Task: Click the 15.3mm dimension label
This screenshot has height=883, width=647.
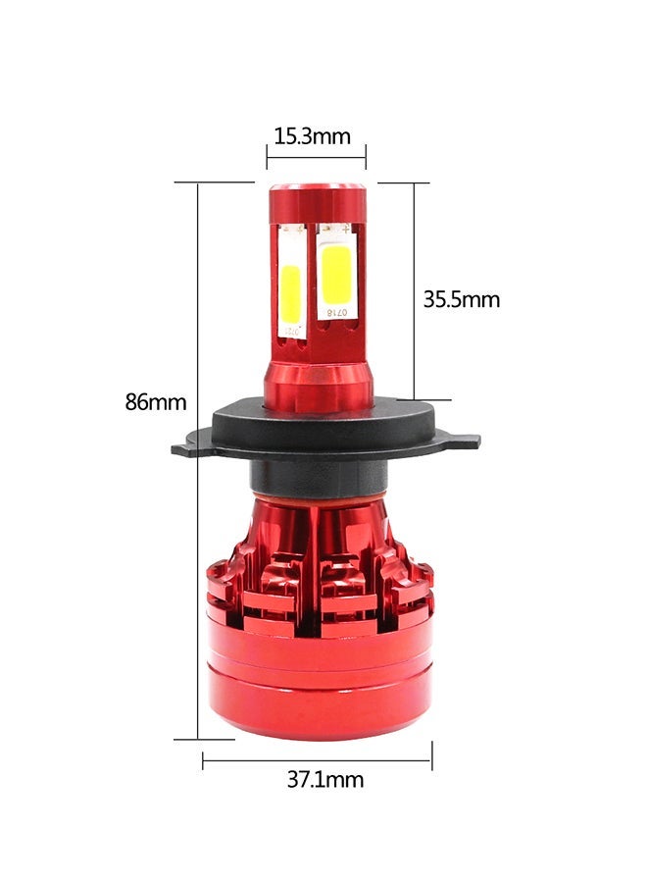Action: click(x=311, y=136)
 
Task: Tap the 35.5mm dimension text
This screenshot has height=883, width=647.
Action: click(x=461, y=299)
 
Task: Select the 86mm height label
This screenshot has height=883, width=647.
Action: click(x=155, y=401)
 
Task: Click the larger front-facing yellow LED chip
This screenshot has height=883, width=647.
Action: click(x=336, y=274)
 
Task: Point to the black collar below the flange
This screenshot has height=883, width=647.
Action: click(x=316, y=479)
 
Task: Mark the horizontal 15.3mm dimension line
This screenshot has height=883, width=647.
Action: click(x=316, y=156)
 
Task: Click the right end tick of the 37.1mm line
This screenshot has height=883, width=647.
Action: click(x=431, y=756)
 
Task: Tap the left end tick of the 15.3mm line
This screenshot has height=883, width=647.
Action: click(x=267, y=156)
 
